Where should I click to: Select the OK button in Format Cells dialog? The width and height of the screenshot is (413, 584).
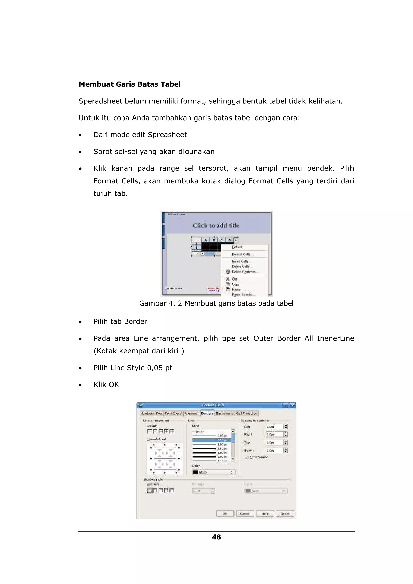[225, 513]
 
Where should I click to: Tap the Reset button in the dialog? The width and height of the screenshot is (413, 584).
[285, 513]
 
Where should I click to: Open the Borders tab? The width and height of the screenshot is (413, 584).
[207, 413]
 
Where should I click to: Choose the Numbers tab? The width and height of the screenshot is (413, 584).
[147, 413]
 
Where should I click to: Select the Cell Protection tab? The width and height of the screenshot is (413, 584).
[246, 413]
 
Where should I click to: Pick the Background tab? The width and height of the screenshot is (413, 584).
[224, 413]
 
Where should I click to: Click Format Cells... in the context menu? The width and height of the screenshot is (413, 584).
[242, 254]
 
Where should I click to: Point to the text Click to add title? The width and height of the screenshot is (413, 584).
[216, 225]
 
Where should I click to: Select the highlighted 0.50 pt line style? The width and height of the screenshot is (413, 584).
[211, 440]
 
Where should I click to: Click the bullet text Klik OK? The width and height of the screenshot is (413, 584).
[106, 384]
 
